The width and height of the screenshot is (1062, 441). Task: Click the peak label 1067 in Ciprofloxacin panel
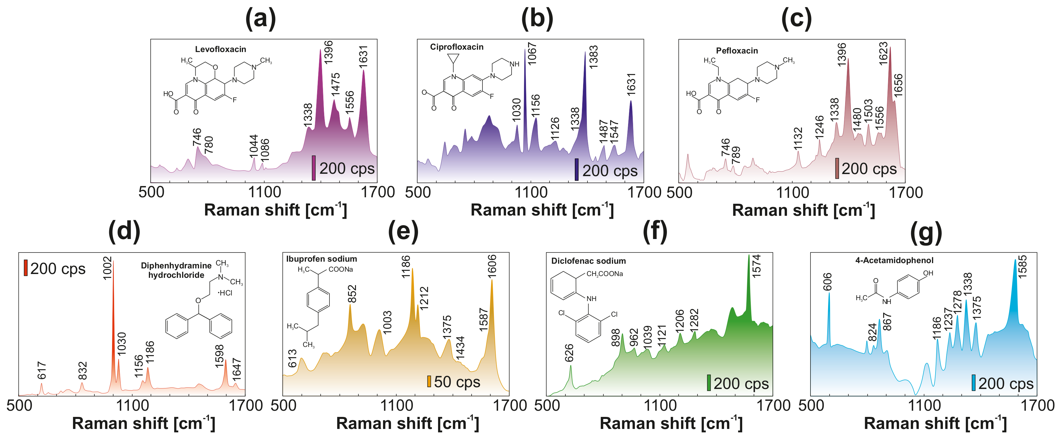(x=532, y=54)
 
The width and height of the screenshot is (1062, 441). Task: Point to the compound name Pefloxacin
(x=737, y=51)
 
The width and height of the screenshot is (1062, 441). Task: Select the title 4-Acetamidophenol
(x=894, y=260)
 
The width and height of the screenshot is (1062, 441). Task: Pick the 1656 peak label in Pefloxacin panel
(x=898, y=86)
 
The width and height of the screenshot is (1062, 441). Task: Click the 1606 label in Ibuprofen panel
(x=492, y=267)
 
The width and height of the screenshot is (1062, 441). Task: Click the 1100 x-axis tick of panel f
(x=660, y=405)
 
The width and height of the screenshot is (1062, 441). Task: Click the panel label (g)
(x=926, y=232)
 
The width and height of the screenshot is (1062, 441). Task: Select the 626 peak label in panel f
(x=569, y=353)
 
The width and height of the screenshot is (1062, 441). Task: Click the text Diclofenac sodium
(x=588, y=261)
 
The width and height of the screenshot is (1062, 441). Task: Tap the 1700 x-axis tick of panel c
(x=905, y=193)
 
